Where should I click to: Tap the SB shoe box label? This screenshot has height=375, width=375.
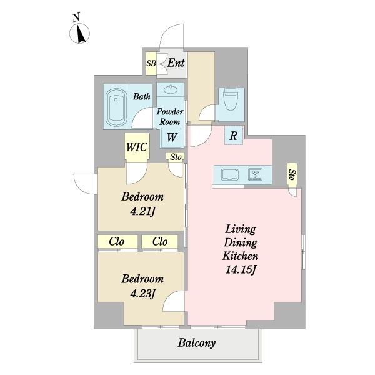151,63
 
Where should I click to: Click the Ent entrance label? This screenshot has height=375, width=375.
176,63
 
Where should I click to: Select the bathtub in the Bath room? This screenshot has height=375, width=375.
116,107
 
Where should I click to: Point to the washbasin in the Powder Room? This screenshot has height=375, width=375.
171,89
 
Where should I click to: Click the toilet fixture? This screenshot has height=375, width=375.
230,99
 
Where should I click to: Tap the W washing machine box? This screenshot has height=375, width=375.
171,137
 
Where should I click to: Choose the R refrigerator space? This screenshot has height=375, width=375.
234,136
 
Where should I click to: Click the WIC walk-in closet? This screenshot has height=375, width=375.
137,147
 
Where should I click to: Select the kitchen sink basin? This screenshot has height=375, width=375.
230,175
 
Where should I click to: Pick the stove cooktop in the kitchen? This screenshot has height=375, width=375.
256,174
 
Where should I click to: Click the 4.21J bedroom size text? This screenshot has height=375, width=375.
143,212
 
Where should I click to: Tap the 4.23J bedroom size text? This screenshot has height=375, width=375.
143,294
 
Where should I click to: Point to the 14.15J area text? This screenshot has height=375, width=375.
241,270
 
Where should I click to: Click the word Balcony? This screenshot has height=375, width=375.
197,343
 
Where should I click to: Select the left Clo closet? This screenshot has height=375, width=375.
117,241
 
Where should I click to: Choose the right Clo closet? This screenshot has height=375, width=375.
160,241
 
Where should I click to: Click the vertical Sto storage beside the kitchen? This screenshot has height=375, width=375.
292,175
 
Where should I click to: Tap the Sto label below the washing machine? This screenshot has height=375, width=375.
176,157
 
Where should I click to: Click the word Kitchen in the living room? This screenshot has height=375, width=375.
241,256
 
